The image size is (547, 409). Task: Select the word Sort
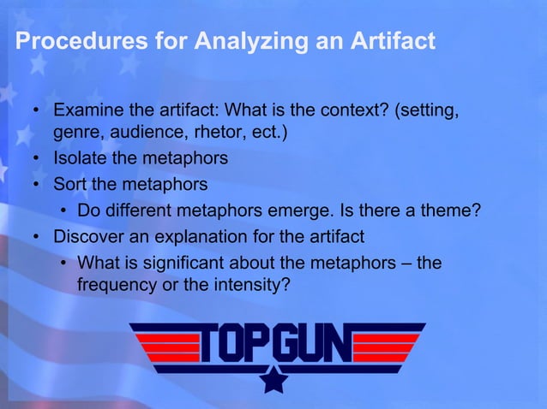[69, 183]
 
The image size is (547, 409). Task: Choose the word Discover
[89, 235]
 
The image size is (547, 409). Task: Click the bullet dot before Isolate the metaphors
[39, 159]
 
